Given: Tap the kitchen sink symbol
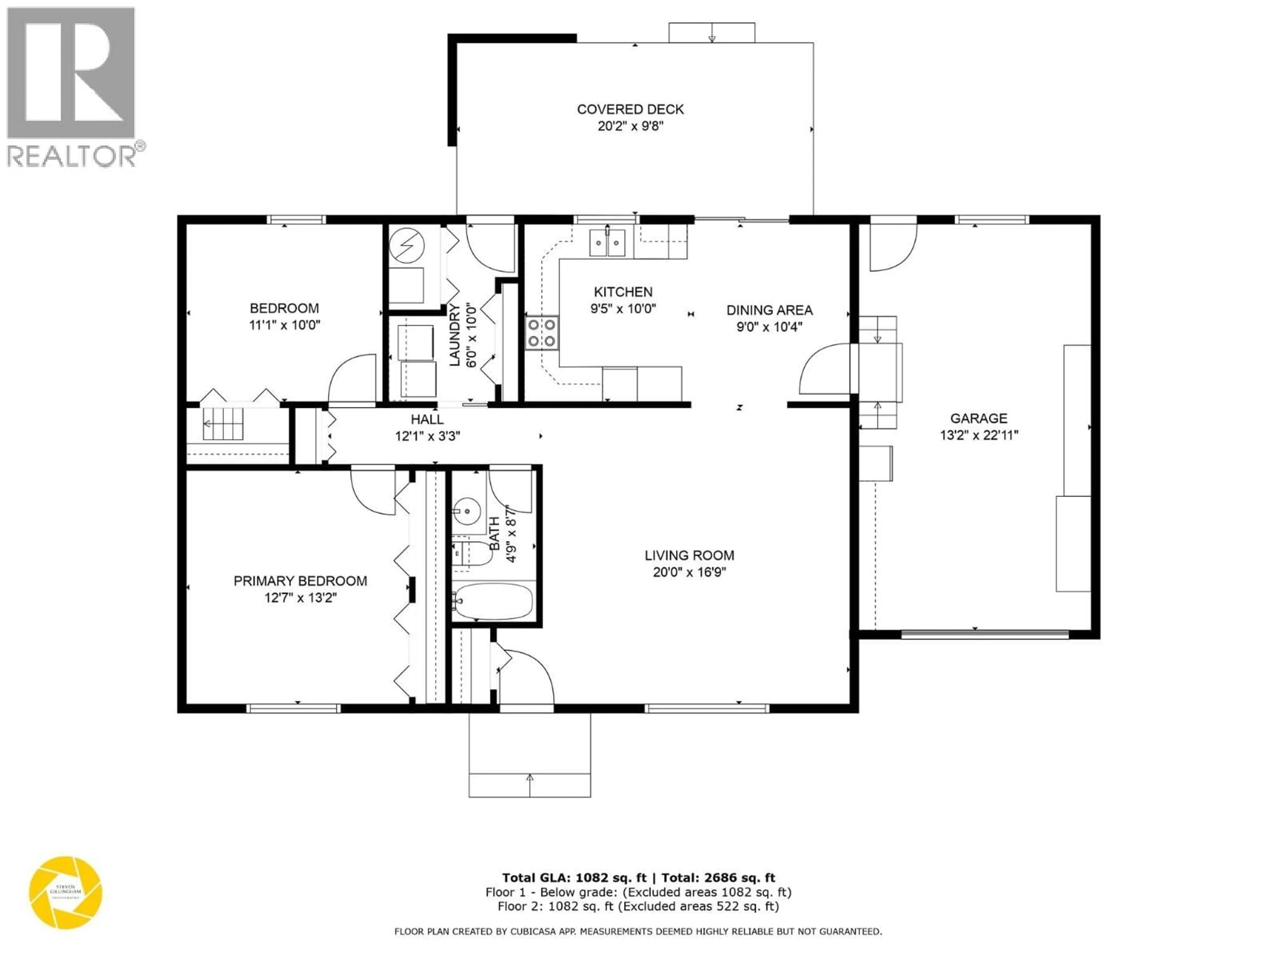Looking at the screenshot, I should tap(607, 242).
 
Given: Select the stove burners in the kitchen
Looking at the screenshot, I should tap(541, 333).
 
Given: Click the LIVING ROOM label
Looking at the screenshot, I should tap(689, 556).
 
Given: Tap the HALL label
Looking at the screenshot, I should tap(427, 419).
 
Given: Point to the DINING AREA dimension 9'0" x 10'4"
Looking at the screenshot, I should tap(769, 327).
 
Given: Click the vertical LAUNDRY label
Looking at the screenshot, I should tap(455, 335).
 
